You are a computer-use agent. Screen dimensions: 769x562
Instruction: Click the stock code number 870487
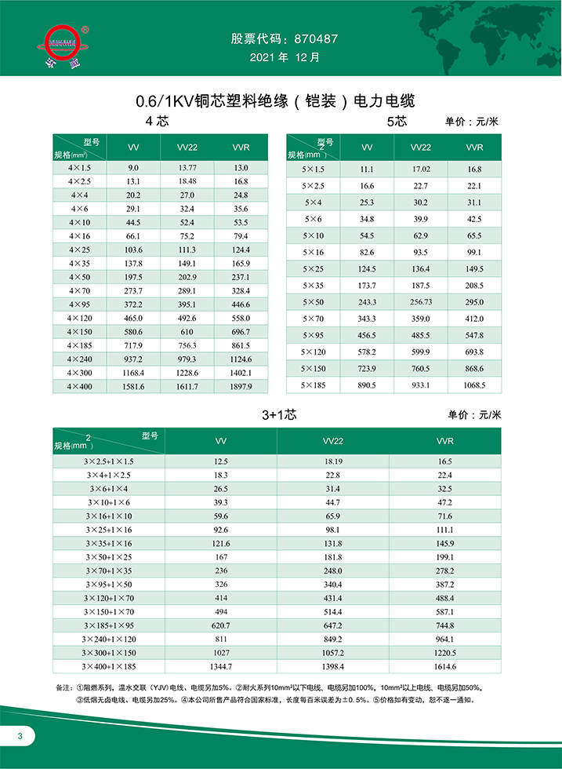point(314,38)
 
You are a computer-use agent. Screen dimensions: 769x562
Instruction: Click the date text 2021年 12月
point(284,57)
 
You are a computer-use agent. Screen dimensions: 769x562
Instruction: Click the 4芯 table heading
point(157,122)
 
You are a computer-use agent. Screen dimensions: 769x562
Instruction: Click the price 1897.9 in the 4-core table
point(241,386)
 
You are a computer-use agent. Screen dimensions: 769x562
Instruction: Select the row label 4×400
point(80,386)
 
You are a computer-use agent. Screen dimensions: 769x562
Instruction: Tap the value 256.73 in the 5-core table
point(421,302)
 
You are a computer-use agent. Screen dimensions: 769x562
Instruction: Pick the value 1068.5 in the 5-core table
point(473,385)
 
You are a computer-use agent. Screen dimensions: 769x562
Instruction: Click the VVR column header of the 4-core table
point(241,148)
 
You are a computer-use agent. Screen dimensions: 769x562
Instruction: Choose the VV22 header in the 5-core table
point(421,148)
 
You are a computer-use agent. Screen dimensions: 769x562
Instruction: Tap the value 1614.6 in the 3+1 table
point(444,666)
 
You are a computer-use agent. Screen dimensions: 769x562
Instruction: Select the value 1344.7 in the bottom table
point(221,666)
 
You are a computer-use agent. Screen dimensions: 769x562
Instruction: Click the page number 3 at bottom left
point(21,735)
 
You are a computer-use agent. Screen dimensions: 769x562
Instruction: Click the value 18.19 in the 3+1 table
point(333,463)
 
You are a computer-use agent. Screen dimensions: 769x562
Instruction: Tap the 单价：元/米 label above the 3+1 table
point(474,414)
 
